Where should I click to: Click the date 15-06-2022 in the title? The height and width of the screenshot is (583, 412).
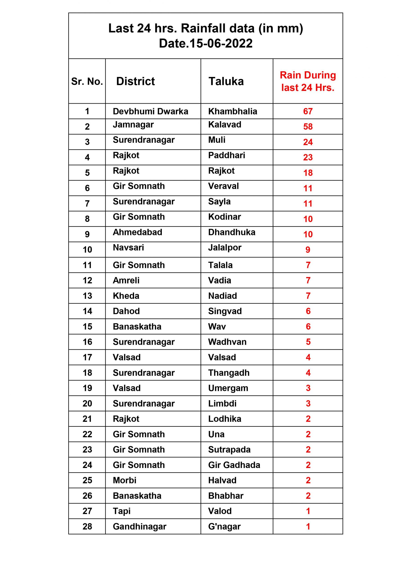[x=221, y=43]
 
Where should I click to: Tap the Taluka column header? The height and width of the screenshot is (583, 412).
[x=226, y=82]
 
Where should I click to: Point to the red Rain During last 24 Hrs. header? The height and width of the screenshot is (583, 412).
[x=308, y=81]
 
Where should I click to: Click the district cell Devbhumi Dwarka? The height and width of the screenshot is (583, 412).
[x=150, y=111]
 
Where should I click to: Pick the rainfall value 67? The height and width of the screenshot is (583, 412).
[x=308, y=111]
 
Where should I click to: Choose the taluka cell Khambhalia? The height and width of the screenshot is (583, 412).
[x=233, y=111]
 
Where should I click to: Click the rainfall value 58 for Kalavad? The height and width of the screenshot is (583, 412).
[x=308, y=126]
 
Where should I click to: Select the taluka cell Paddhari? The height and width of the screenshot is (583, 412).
[x=226, y=155]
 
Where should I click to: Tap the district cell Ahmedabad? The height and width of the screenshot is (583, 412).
[x=137, y=232]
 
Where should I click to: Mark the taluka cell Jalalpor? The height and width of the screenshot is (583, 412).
[x=225, y=247]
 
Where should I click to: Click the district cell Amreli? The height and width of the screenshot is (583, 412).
[x=126, y=280]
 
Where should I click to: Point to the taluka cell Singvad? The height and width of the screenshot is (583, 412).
[x=225, y=311]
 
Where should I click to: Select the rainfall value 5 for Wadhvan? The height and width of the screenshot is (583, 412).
[x=308, y=342]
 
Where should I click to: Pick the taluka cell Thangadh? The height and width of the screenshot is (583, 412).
[x=229, y=373]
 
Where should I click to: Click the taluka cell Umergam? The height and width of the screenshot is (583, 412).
[x=228, y=388]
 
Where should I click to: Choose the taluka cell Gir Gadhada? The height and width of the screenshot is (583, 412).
[x=234, y=465]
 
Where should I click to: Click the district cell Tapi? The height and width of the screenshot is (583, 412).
[x=122, y=511]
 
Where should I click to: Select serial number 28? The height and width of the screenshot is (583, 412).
[x=87, y=526]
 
